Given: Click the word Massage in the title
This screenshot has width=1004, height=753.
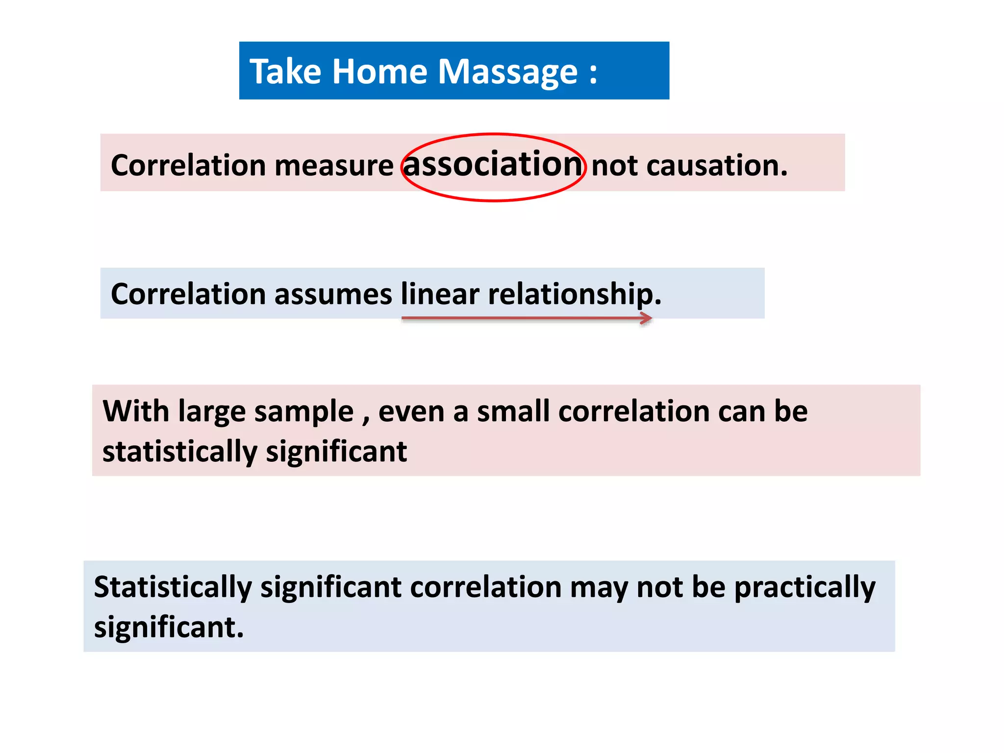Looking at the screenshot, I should tap(507, 72).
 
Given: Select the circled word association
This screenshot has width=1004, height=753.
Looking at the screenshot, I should tap(493, 165).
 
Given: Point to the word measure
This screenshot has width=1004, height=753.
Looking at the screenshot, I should tap(334, 166).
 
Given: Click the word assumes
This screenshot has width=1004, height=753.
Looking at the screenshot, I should tap(333, 294).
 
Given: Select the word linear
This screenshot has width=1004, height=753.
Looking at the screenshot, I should tap(440, 294).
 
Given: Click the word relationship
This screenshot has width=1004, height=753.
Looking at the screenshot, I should tap(574, 294).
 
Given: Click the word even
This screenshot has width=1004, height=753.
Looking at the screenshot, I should tap(411, 412).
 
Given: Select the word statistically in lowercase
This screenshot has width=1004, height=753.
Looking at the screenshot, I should tap(179, 452).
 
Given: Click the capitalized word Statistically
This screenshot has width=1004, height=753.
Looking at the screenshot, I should tap(173, 587).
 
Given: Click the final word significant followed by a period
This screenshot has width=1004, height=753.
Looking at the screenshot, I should tap(168, 627).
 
